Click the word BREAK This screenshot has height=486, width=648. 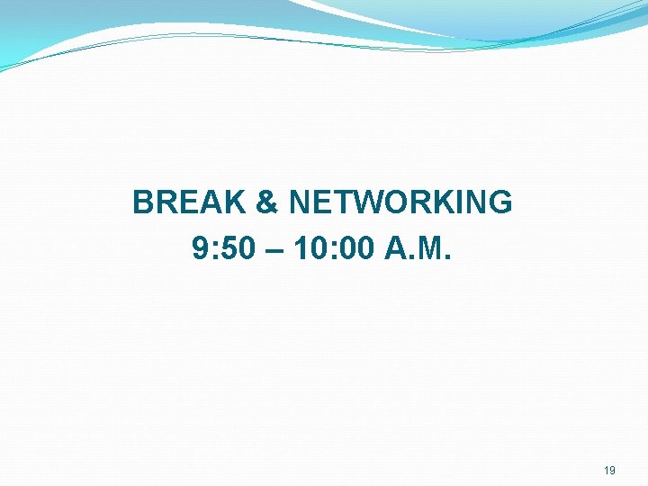point(189,202)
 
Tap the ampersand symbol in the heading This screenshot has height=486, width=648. point(267,202)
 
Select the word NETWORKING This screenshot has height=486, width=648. point(400,202)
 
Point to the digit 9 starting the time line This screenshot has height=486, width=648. point(200,247)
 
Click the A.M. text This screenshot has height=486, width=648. point(419,247)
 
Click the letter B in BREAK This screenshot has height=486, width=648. point(143,202)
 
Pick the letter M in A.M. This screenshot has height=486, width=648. point(435,247)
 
